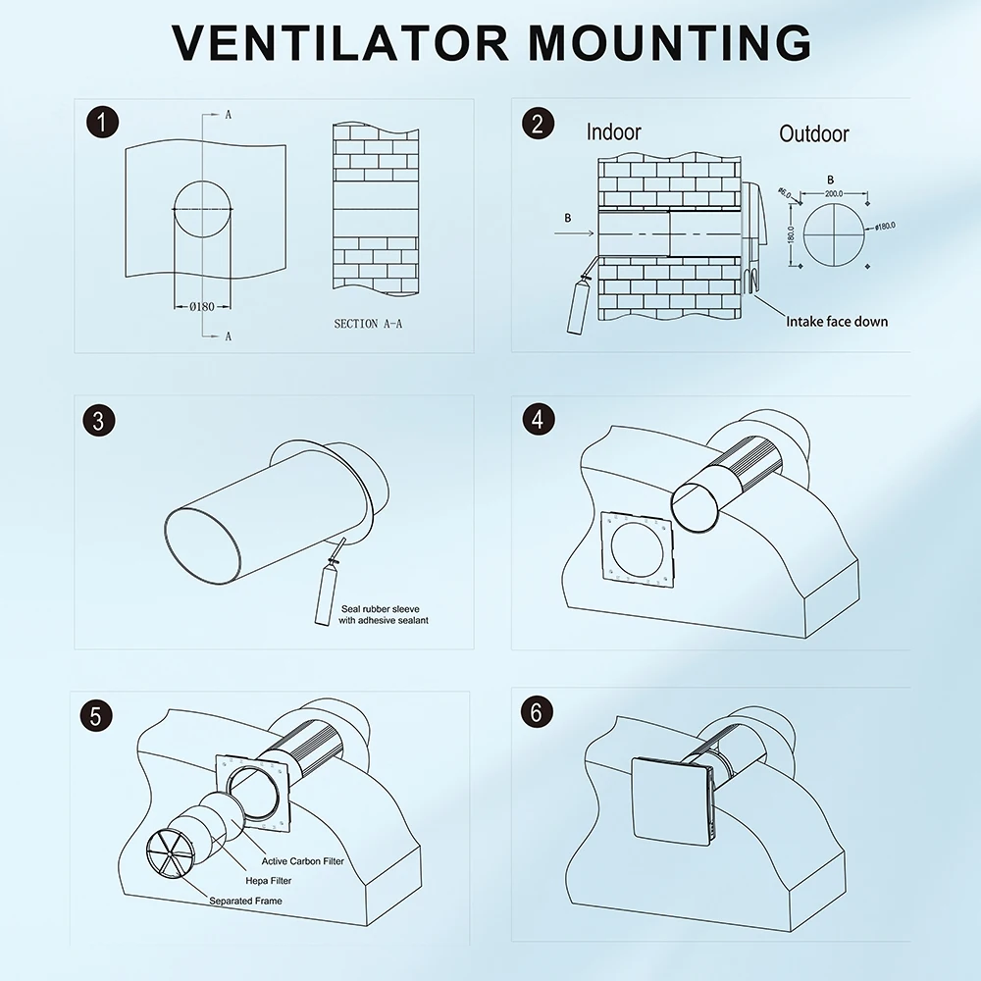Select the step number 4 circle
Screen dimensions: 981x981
[x=537, y=420]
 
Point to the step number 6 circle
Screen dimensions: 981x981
[x=537, y=713]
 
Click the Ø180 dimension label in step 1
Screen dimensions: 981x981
[x=201, y=307]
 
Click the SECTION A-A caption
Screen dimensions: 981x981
[x=368, y=324]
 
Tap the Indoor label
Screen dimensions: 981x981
[x=613, y=132]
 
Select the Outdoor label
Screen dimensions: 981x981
[x=813, y=133]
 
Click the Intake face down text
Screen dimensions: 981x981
[x=836, y=322]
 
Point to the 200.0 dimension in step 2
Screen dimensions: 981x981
[x=834, y=194]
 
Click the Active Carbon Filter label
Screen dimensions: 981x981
[x=302, y=861]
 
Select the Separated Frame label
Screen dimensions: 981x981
[x=245, y=901]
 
